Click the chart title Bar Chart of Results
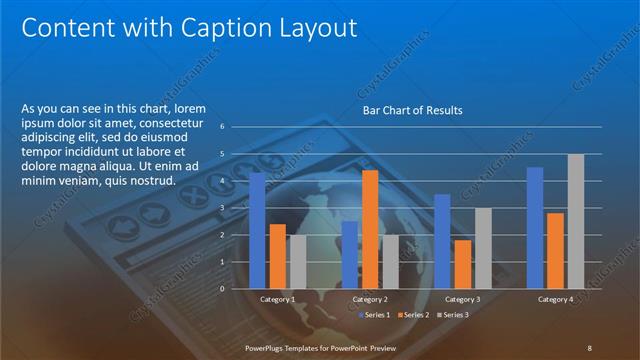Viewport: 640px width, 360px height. tap(412, 110)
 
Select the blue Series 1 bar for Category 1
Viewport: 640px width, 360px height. tap(257, 230)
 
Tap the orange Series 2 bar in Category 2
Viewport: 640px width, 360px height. tap(370, 229)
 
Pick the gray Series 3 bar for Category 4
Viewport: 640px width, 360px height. tap(575, 221)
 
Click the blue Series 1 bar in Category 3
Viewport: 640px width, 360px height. tap(442, 241)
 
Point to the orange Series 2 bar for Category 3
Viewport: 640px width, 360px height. tap(462, 264)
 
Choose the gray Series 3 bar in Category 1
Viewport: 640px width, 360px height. tap(298, 262)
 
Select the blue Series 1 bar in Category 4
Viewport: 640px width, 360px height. tap(535, 227)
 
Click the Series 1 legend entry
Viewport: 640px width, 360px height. tap(376, 315)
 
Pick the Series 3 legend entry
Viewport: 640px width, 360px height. tap(453, 315)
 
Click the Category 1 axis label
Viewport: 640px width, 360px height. tap(277, 299)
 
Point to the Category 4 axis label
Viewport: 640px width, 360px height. tap(555, 299)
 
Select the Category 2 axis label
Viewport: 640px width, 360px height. tap(370, 299)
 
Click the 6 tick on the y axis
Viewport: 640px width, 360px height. tap(236, 127)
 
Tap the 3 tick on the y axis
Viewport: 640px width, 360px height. tap(236, 208)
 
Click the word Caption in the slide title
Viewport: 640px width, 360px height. tap(228, 27)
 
